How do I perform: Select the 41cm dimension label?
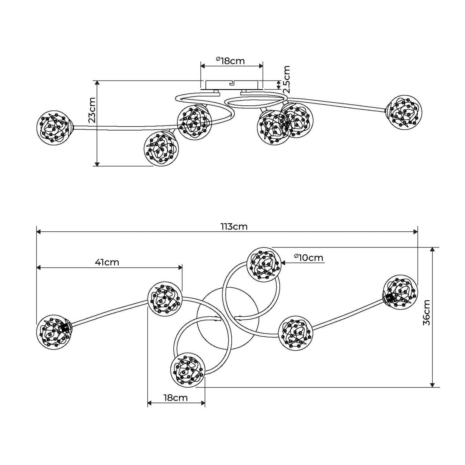tap(107, 262)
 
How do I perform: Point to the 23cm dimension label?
tap(91, 110)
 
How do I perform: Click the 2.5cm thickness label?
tap(286, 79)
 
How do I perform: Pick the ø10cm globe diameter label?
tap(308, 257)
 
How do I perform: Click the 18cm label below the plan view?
tap(175, 398)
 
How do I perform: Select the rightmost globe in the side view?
tap(405, 112)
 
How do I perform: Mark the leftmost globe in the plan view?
tap(54, 331)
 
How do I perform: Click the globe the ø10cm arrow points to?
tap(263, 264)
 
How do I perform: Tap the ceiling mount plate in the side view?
tap(232, 84)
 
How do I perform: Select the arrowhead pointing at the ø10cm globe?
tap(283, 262)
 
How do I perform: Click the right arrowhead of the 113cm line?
tap(415, 232)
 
